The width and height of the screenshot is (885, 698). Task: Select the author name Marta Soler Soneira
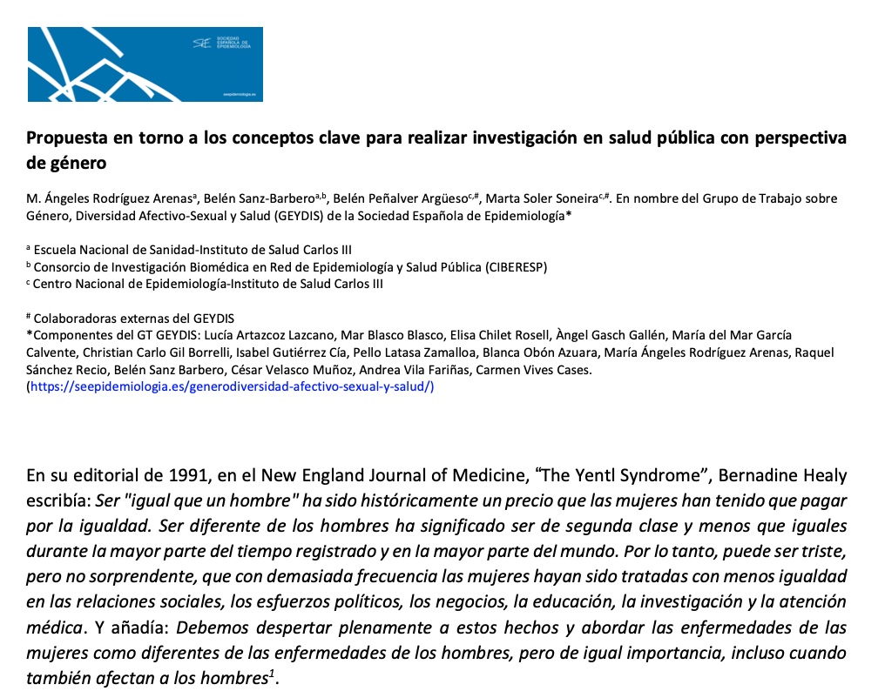coord(534,198)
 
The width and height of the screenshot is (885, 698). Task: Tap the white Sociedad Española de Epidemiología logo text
coord(233,42)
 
